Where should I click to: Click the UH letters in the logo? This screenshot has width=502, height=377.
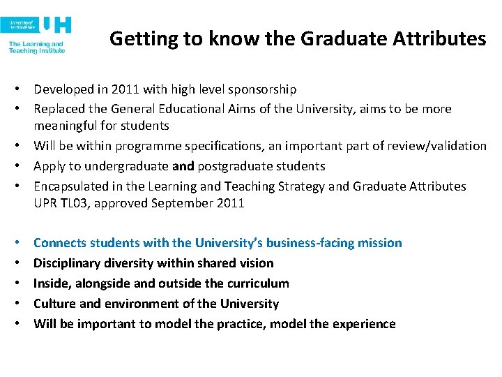pyautogui.click(x=56, y=25)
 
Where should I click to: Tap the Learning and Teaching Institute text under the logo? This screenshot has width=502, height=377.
pyautogui.click(x=36, y=47)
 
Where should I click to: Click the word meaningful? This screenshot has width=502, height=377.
pyautogui.click(x=67, y=126)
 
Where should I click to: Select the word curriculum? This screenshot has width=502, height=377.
pyautogui.click(x=254, y=283)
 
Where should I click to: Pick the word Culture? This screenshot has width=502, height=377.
pyautogui.click(x=54, y=304)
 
